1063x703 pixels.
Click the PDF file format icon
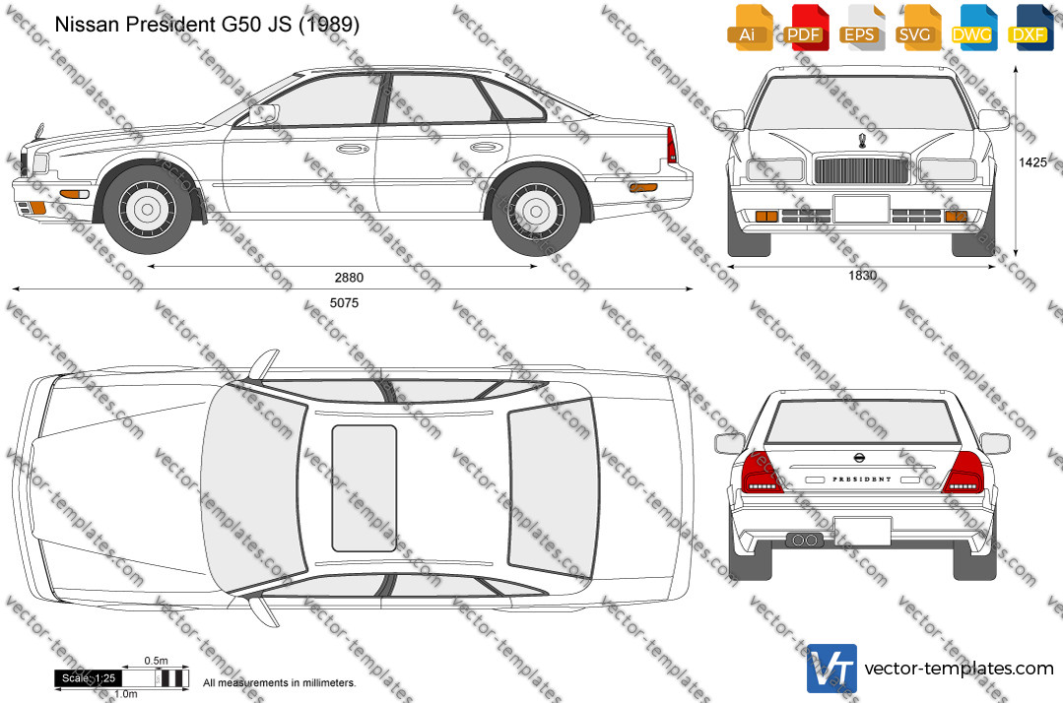(805, 28)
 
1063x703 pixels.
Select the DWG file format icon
(972, 28)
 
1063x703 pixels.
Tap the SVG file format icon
(916, 28)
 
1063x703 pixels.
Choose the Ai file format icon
(749, 28)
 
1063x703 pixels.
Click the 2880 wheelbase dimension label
(349, 278)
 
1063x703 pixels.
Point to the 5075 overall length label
(345, 302)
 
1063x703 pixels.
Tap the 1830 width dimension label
(862, 275)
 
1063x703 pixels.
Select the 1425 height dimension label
(1032, 162)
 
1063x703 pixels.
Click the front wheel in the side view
(147, 209)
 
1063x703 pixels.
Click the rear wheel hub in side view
(536, 212)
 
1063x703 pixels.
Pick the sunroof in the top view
(365, 488)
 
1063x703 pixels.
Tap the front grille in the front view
(862, 170)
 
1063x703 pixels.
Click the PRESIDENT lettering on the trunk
(862, 479)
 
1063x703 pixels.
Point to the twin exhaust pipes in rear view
(804, 540)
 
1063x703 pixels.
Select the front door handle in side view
(353, 149)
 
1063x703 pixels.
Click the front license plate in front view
(861, 209)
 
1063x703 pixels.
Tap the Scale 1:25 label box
(88, 678)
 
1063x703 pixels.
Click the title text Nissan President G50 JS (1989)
(207, 25)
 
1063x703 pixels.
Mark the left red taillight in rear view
(763, 472)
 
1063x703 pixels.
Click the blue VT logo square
(831, 669)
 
